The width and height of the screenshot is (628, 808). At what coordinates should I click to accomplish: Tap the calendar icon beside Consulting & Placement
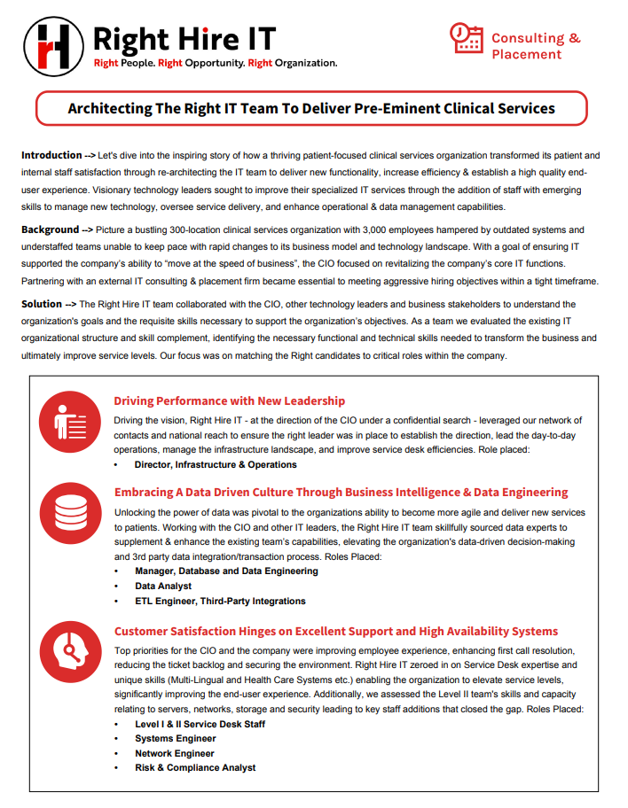point(467,38)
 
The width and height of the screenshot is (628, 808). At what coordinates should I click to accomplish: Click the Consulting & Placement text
point(536,46)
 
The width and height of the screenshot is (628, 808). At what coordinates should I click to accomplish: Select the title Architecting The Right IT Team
point(311,108)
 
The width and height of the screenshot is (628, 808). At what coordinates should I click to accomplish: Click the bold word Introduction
point(51,155)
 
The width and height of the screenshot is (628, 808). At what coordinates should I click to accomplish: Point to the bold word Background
point(51,229)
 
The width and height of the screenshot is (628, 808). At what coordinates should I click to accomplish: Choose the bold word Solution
point(43,304)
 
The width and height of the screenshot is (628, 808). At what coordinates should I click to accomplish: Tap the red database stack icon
point(70,513)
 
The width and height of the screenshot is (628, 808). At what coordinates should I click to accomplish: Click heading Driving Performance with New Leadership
point(230,401)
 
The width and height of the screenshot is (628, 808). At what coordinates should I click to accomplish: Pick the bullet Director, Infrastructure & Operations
point(216,464)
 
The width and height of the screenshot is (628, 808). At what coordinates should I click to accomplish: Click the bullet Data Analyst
point(164,587)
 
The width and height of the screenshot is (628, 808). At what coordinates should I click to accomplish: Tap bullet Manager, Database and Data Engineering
point(226,571)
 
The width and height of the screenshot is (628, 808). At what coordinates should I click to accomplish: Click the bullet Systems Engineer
point(176,738)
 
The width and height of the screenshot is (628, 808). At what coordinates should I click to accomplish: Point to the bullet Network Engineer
point(175,753)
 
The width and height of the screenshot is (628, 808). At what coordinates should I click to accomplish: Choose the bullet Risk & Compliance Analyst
point(195,767)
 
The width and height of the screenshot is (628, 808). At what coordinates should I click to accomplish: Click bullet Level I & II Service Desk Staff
point(200,724)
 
